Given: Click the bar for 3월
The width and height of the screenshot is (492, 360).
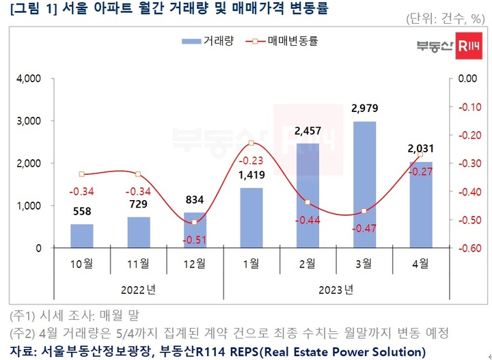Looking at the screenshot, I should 364,184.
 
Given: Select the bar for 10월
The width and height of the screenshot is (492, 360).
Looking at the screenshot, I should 82,236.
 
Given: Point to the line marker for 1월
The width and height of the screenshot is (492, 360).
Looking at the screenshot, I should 251,143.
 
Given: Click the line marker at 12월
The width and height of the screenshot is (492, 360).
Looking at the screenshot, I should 195,222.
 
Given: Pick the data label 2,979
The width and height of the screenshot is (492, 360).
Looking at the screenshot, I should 364,108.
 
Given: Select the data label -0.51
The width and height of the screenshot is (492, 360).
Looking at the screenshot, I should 194,240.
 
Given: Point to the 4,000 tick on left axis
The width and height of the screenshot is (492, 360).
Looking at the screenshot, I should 29,79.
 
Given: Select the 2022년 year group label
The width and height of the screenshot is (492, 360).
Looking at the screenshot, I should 139,289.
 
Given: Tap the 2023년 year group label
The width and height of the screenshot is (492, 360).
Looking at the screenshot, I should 336,289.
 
